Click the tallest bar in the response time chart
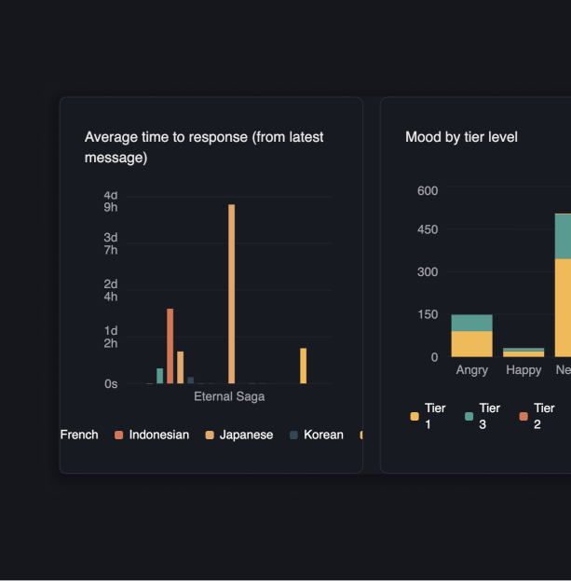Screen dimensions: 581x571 coord(232,294)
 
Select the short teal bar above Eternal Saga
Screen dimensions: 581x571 coord(160,376)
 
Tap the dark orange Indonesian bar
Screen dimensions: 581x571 coord(170,346)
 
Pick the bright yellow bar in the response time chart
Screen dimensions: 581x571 coord(303,366)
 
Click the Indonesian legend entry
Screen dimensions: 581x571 coord(152,435)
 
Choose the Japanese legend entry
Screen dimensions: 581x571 coord(239,435)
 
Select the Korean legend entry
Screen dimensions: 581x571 coord(317,435)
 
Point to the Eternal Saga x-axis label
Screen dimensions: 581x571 coord(229,396)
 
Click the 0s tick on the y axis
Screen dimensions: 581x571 coord(111,383)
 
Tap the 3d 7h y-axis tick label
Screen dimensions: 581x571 coord(111,243)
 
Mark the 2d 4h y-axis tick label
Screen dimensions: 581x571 coord(111,290)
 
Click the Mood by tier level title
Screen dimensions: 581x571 coord(461,137)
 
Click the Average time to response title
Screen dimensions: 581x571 coord(204,147)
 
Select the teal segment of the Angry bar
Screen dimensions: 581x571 coord(471,323)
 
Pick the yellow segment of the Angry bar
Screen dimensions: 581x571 coord(471,344)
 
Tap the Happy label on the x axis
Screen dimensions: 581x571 coord(523,370)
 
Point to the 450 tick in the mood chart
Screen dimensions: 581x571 coord(428,229)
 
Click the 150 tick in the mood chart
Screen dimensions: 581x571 coord(428,314)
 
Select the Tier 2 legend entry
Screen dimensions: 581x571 coord(537,416)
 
